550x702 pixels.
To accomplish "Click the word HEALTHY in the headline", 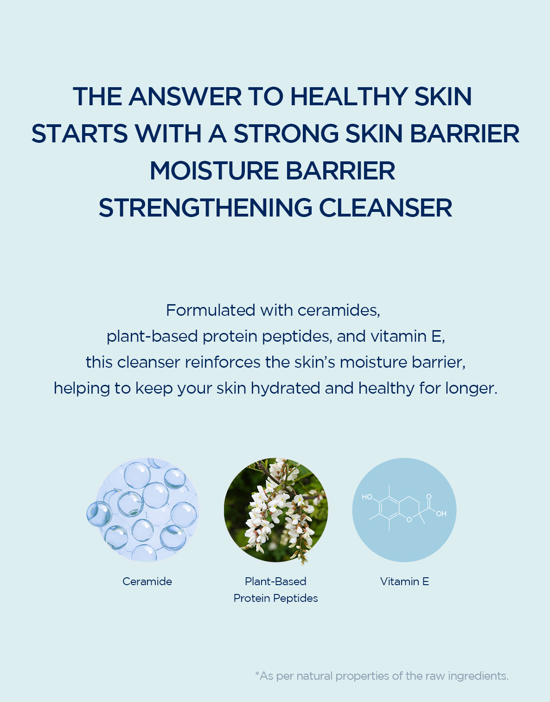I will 349,96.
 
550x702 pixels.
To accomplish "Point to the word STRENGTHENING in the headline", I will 205,208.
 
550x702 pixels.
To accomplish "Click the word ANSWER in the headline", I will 185,96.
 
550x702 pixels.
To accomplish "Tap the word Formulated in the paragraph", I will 211,310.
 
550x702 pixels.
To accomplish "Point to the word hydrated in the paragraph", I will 285,388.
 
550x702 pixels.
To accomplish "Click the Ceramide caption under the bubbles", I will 147,581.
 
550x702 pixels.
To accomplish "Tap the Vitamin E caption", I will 404,581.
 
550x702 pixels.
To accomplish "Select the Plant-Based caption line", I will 275,581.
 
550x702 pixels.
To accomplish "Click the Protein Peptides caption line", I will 275,598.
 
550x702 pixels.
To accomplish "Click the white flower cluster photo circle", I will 275,510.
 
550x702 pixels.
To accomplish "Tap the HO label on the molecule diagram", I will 367,497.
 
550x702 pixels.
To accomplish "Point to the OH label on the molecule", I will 441,514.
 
